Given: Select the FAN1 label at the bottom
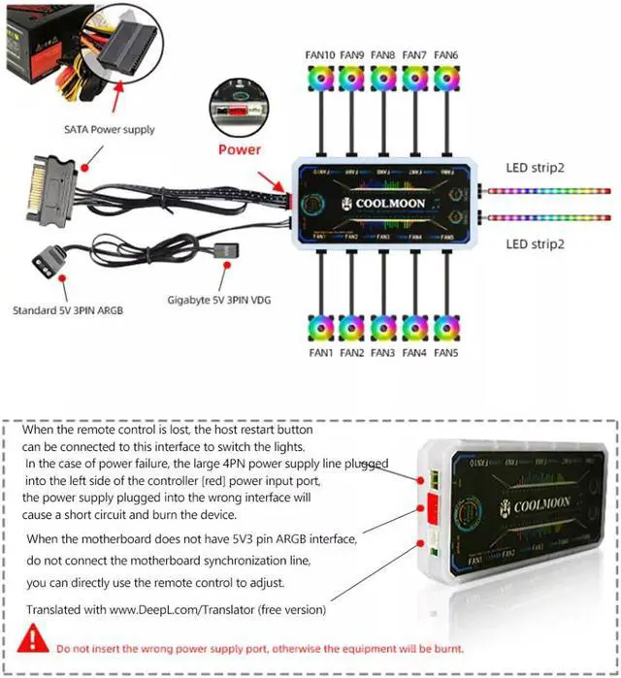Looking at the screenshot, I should tap(320, 352).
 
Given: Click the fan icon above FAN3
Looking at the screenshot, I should tap(383, 327).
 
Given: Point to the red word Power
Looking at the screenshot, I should tap(239, 149).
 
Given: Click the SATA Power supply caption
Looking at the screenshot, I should tap(110, 129).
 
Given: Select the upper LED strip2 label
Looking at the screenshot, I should tap(535, 168).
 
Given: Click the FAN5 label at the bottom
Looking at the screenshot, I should tap(445, 352).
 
